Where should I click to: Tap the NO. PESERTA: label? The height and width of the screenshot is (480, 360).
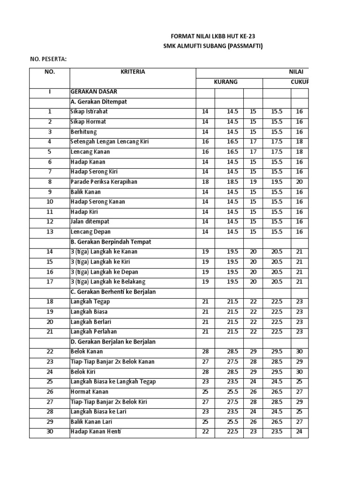point(48,59)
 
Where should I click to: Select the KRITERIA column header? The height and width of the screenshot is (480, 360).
point(133,72)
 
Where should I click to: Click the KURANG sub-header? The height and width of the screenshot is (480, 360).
point(226,82)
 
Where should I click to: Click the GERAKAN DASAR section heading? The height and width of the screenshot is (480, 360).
point(94,92)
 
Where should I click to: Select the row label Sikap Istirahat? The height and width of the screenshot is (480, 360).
point(90,112)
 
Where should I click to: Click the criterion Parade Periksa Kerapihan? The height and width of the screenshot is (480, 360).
point(104,181)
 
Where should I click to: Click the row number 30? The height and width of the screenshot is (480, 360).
point(50,432)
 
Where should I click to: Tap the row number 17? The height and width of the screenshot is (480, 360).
point(50,281)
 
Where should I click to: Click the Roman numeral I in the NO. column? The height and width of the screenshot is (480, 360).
point(50,92)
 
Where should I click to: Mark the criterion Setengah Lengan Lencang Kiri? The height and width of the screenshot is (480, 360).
point(110,142)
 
